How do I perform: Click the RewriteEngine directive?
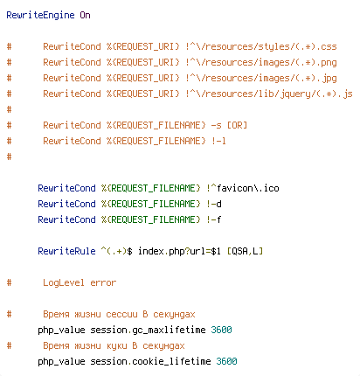pos(40,15)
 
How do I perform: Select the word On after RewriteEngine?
pos(85,15)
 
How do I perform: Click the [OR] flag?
pos(237,125)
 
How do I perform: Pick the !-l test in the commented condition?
pos(218,141)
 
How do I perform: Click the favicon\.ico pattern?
pos(247,188)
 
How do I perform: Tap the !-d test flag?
pos(214,204)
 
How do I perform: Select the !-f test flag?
pos(214,219)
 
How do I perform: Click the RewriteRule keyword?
pos(66,251)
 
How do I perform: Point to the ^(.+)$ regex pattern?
pos(117,251)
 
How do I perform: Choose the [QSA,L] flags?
pos(245,251)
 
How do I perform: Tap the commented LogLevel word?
pos(64,282)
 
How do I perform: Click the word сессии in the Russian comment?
pos(121,315)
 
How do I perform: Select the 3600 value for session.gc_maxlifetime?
pos(221,330)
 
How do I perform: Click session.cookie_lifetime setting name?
pos(150,361)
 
